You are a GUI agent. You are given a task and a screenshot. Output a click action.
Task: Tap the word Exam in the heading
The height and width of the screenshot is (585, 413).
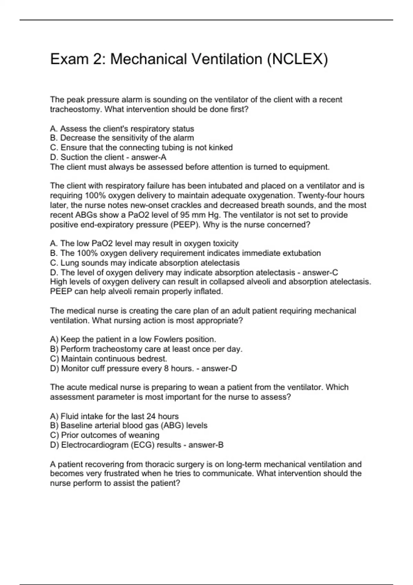point(69,59)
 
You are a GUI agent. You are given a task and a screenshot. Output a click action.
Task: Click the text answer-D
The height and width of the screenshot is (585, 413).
point(219,369)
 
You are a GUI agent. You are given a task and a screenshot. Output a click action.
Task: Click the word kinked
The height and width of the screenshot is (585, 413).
point(221,148)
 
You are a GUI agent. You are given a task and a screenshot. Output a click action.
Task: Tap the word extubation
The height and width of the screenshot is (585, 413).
point(301,253)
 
